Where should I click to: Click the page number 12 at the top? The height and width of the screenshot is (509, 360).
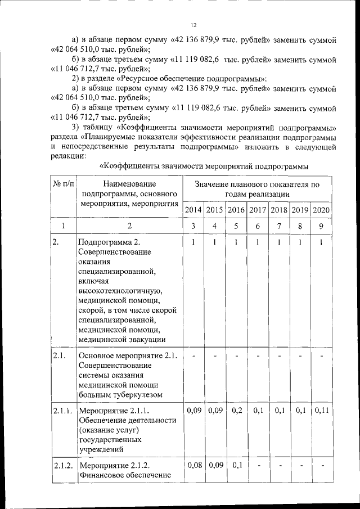(193, 25)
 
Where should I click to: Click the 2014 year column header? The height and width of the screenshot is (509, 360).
(193, 210)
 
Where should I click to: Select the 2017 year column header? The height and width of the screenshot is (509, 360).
(258, 210)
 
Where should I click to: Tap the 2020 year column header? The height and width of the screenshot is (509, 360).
(321, 210)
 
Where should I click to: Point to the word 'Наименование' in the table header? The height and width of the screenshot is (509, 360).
(129, 183)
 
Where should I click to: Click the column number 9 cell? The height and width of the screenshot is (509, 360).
(321, 226)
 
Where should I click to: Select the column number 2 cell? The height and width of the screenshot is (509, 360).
(129, 226)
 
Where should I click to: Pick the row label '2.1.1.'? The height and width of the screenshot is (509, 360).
(62, 411)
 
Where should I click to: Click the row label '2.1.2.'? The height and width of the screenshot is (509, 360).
(62, 466)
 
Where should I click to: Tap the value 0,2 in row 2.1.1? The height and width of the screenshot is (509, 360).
(237, 411)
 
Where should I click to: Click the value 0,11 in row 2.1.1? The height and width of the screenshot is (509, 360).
(321, 411)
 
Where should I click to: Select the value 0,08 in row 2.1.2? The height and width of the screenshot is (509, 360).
(193, 466)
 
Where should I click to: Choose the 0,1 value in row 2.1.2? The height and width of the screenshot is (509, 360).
(237, 466)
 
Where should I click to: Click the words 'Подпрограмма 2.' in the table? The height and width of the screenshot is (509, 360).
(106, 242)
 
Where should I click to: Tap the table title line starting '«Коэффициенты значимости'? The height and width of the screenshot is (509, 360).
(204, 166)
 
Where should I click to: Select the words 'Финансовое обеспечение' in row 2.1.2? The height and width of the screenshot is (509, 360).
(124, 476)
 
